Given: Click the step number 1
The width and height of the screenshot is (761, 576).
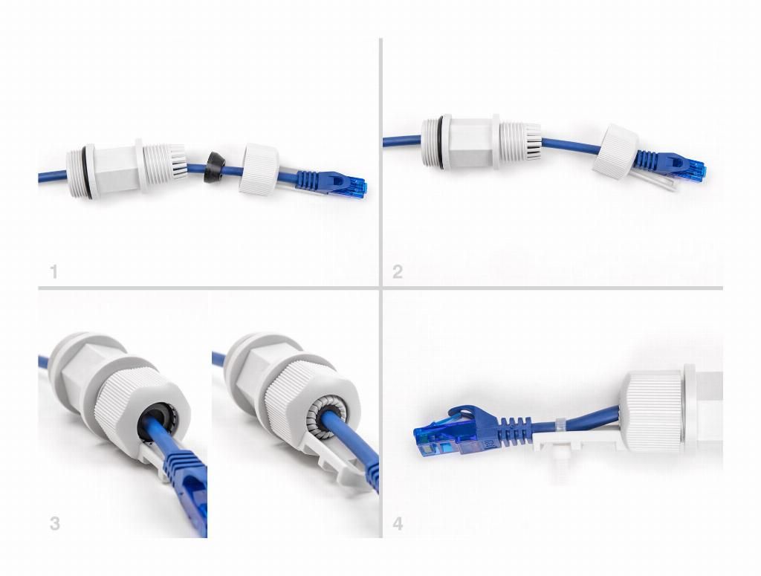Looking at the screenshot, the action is point(54,271).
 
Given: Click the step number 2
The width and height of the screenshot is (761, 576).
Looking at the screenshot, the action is point(398,271).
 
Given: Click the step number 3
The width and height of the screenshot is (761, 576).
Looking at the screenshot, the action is point(55,523).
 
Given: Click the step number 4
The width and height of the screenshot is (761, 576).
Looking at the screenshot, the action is point(398,523).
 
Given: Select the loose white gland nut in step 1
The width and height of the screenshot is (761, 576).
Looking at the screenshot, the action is point(259,169).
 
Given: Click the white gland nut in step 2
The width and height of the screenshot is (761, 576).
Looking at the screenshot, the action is point(615,152).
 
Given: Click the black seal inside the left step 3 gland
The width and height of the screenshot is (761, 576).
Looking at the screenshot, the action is point(156,421).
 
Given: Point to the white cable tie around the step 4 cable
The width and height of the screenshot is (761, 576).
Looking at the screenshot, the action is point(560,425).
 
